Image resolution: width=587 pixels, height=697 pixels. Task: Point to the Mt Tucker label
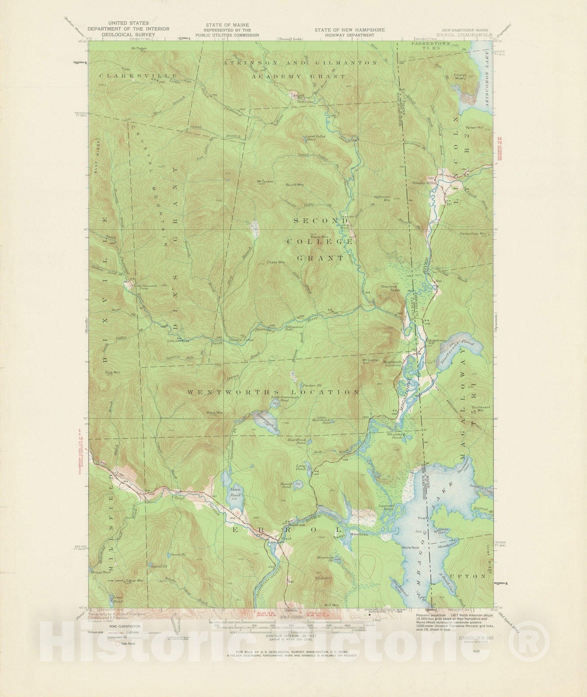[265, 181]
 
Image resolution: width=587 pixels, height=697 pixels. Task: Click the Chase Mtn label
[275, 262]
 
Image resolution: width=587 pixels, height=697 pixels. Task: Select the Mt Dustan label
[369, 360]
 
